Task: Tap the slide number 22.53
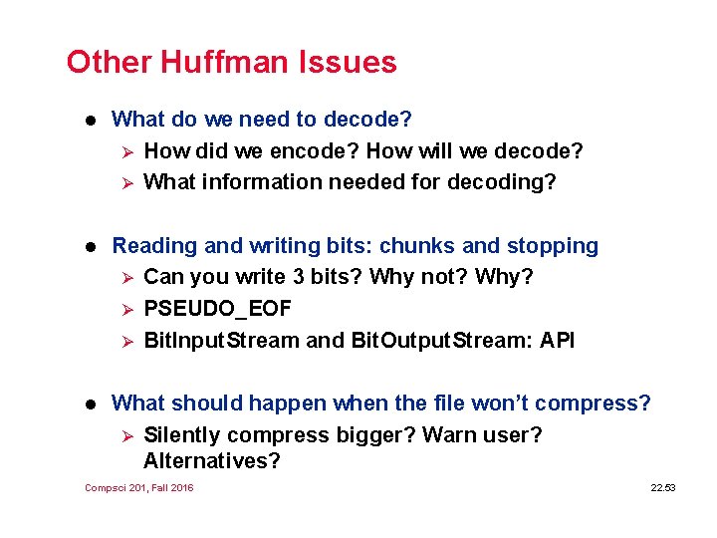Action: click(662, 487)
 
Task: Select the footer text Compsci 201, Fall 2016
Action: click(139, 487)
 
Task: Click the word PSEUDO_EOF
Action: click(218, 309)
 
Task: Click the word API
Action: click(557, 341)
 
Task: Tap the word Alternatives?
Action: click(212, 461)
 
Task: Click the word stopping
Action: click(553, 245)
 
